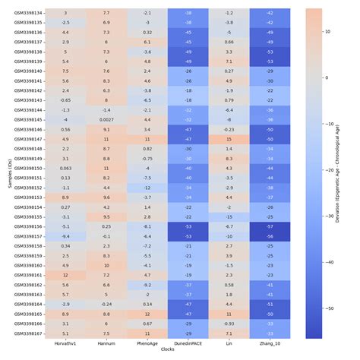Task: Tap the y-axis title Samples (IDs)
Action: pos(5,173)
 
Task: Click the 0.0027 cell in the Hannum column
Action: pos(106,119)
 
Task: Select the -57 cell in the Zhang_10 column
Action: pos(269,226)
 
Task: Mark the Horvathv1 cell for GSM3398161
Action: pos(65,275)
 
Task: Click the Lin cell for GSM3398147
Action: pos(228,139)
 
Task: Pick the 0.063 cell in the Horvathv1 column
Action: pos(65,168)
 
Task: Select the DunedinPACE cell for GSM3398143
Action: pos(187,100)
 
